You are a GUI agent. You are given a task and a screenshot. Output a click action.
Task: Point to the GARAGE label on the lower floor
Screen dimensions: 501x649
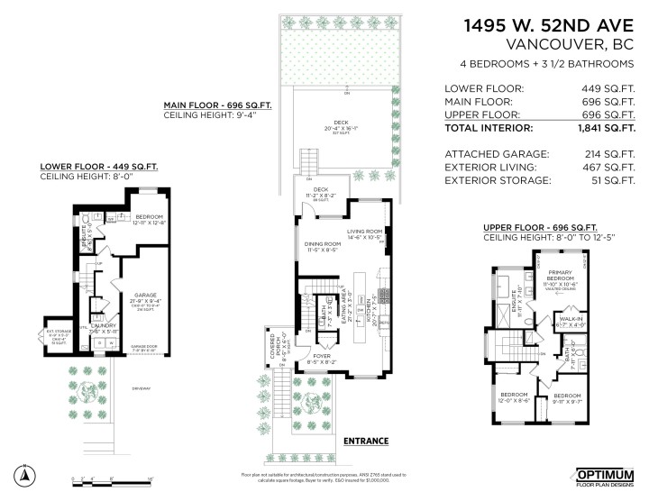(x=148, y=294)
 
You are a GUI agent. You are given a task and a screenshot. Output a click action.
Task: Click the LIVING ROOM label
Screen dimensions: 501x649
(x=367, y=232)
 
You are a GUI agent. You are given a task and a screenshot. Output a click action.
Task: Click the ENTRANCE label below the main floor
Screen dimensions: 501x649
(x=366, y=442)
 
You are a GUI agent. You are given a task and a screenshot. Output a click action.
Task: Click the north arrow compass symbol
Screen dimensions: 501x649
(x=25, y=474)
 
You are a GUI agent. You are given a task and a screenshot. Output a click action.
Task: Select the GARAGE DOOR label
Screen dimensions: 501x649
(x=144, y=346)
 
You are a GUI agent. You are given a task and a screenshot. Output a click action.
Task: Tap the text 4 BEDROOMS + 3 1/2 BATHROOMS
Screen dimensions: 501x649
(x=546, y=64)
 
